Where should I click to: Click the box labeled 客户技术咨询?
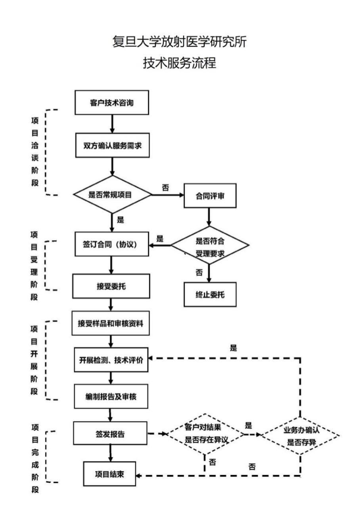112,103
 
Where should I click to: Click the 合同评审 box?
210,195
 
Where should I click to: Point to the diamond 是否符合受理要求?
210,246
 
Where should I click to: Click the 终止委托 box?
210,294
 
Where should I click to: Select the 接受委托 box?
111,286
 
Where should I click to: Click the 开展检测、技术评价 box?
111,360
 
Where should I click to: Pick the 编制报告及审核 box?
111,396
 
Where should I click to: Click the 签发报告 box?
111,434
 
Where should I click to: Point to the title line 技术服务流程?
180,63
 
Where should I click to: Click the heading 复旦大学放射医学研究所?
180,42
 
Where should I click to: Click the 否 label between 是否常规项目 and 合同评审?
165,187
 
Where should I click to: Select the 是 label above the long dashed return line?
233,348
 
